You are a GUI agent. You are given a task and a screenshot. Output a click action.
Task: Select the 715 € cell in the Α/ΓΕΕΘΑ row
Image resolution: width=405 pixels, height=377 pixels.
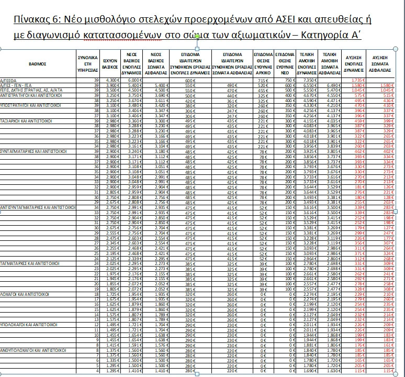pos(264,80)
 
